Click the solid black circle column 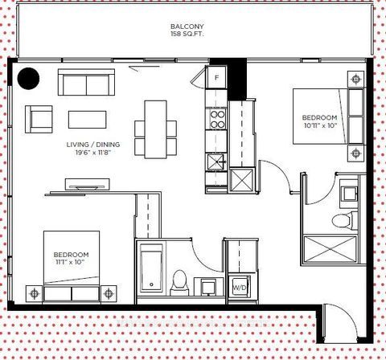(x=29, y=78)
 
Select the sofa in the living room (x=85, y=83)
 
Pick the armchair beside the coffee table (x=39, y=119)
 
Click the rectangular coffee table (x=87, y=119)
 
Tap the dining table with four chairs (x=154, y=127)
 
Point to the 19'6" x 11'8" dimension (x=95, y=153)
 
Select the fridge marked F (x=215, y=79)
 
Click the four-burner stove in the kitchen (x=217, y=120)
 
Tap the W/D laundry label (x=240, y=287)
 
